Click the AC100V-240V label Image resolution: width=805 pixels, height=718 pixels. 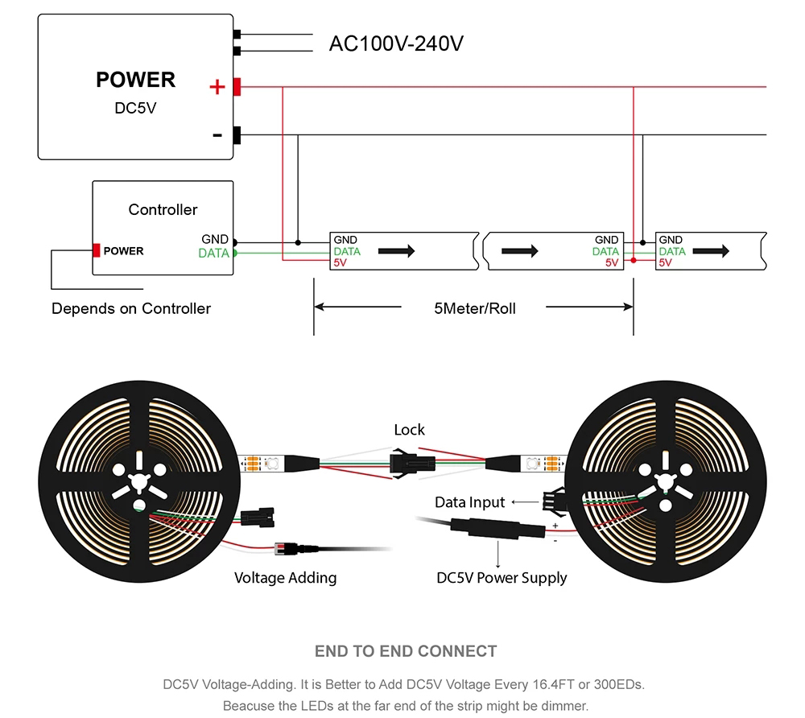[396, 43]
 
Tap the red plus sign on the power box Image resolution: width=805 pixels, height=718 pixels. [217, 86]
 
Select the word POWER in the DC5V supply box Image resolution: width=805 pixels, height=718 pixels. [135, 80]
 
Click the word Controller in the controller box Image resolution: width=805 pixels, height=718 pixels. [163, 209]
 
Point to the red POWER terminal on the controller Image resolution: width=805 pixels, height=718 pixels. [97, 250]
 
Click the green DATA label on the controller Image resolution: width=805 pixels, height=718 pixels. [213, 254]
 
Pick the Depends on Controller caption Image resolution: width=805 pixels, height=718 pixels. [131, 308]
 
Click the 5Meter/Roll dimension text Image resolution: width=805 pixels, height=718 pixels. [473, 307]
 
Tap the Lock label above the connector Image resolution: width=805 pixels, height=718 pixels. [409, 430]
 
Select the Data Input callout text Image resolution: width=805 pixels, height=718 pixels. [469, 502]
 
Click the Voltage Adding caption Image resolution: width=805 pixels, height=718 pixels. [285, 577]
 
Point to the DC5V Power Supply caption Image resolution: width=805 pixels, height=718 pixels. [502, 577]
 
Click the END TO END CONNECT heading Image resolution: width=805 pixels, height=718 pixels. [406, 651]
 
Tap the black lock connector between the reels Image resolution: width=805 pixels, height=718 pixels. [411, 464]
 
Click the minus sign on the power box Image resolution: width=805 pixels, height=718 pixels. [217, 134]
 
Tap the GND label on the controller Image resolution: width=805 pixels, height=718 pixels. [215, 239]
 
